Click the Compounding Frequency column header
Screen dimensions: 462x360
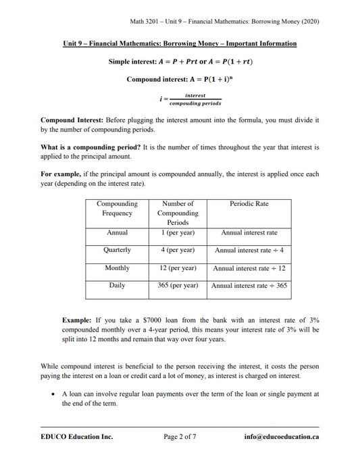(x=117, y=208)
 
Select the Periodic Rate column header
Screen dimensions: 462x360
(x=249, y=203)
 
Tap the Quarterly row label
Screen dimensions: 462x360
(x=117, y=249)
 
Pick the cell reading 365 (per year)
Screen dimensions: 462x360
(x=177, y=286)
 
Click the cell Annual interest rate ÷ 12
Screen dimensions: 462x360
(x=249, y=268)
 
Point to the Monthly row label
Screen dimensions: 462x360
(x=117, y=267)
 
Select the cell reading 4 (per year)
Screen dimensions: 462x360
(x=177, y=249)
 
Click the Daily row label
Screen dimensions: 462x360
(x=117, y=286)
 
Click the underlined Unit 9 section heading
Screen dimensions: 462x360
(x=180, y=44)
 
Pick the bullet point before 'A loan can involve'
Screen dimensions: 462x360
(x=53, y=393)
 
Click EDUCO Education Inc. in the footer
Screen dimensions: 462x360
(x=76, y=436)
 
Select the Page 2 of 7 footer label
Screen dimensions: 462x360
(x=180, y=436)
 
